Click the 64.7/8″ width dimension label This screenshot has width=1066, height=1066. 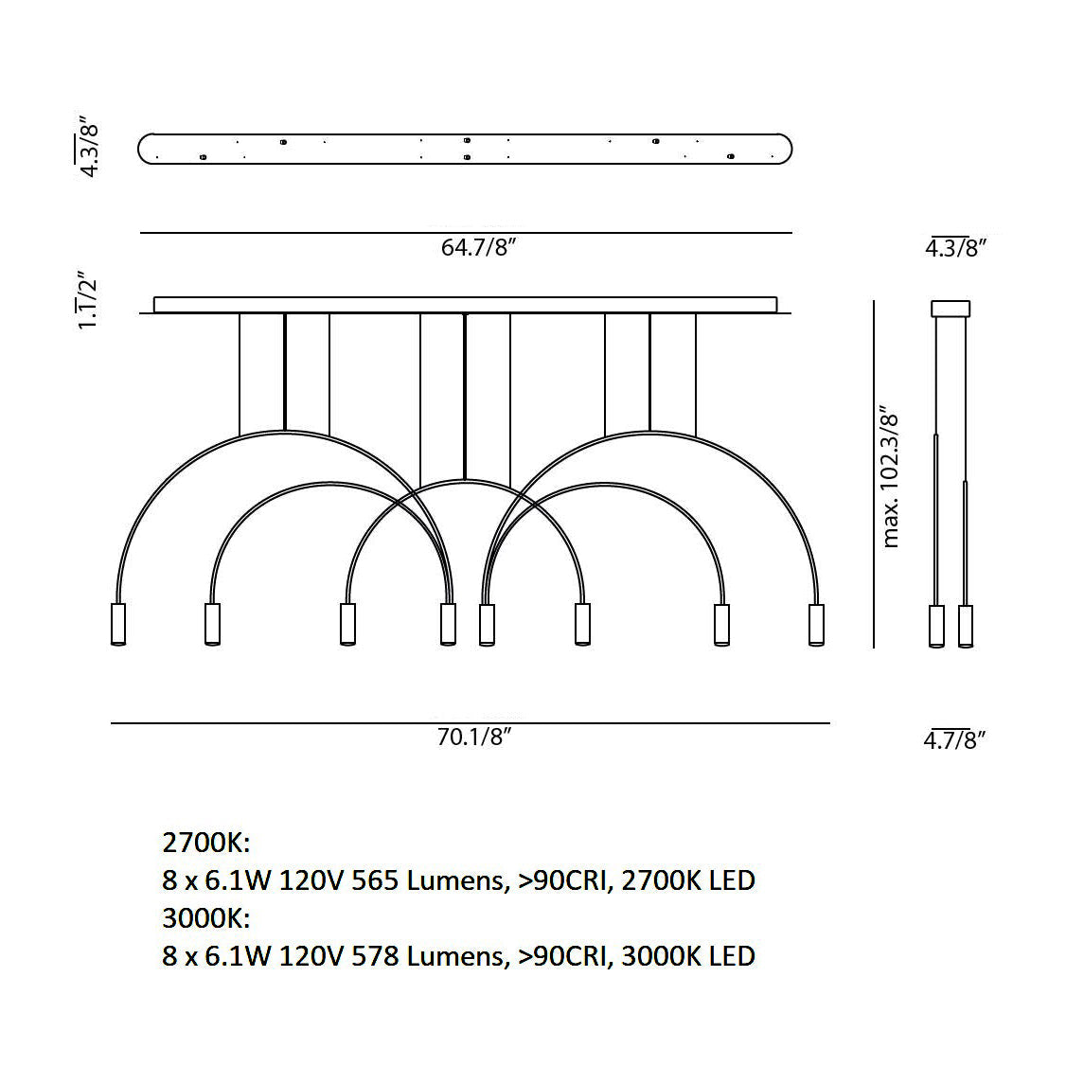click(x=479, y=247)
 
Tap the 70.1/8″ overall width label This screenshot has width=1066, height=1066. click(x=474, y=737)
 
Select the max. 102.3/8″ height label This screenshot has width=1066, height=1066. click(x=890, y=478)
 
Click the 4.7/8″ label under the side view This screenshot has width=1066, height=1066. click(x=954, y=739)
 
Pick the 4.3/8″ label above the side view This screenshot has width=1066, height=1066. click(x=956, y=247)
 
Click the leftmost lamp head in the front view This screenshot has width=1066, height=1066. click(x=117, y=624)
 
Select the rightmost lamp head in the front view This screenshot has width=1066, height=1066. click(x=816, y=624)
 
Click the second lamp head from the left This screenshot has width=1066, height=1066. click(x=212, y=624)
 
